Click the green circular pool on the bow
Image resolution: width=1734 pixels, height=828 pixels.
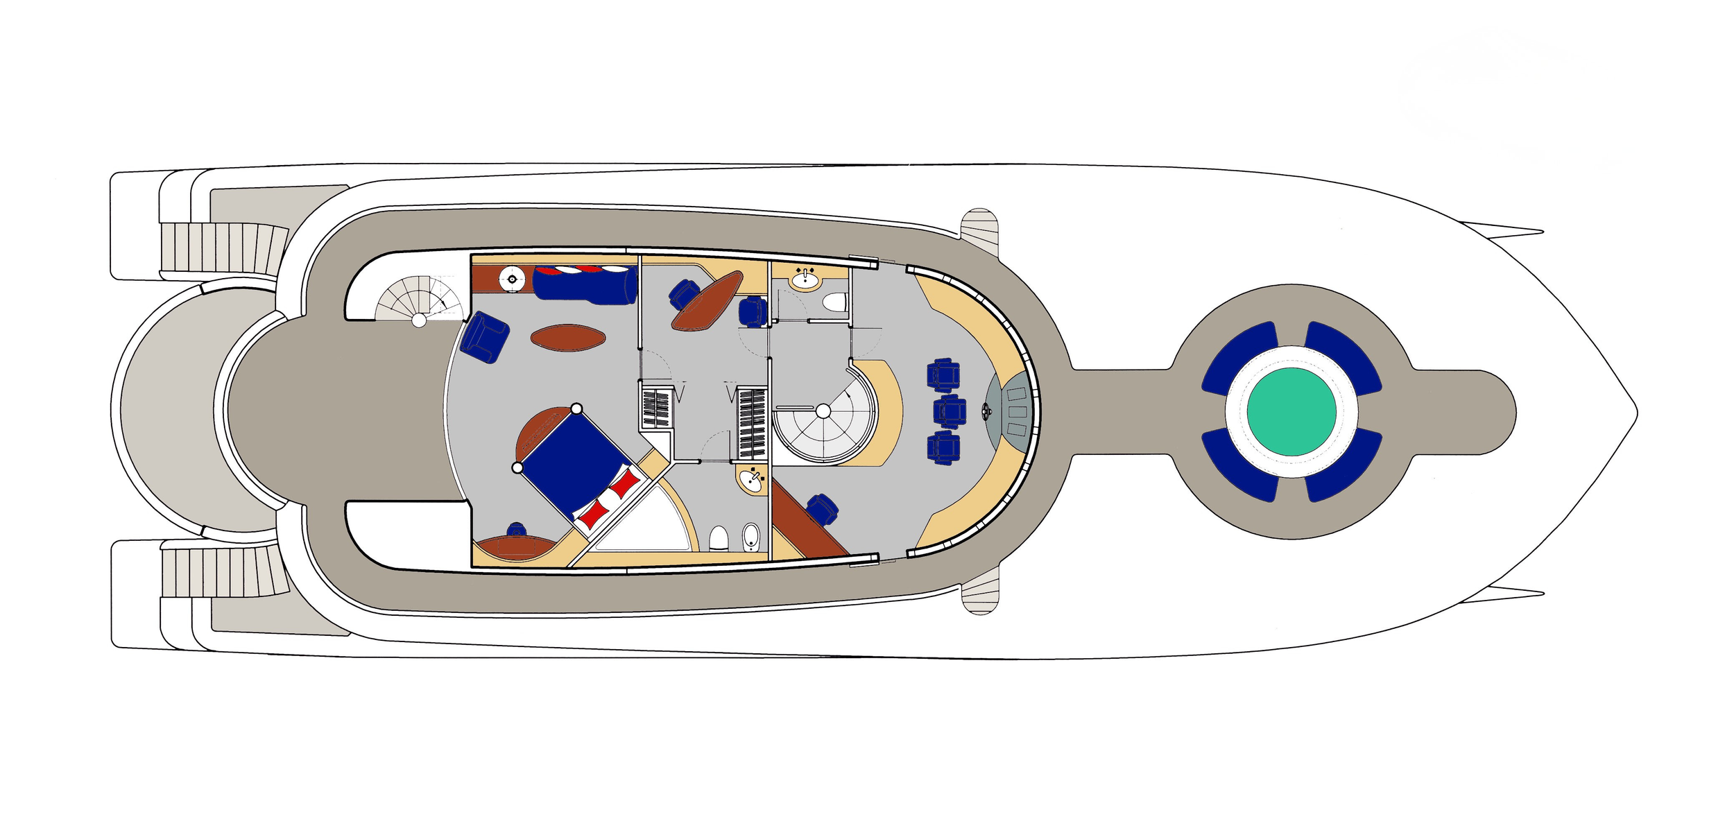pyautogui.click(x=1291, y=411)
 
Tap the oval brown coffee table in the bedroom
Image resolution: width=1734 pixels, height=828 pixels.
pyautogui.click(x=567, y=338)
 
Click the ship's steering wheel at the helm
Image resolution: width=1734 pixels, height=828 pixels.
pyautogui.click(x=986, y=411)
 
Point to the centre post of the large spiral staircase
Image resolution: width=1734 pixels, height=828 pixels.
pyautogui.click(x=823, y=411)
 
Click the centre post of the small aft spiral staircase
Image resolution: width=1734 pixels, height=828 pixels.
pyautogui.click(x=419, y=320)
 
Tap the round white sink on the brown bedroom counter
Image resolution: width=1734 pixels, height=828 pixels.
pyautogui.click(x=512, y=279)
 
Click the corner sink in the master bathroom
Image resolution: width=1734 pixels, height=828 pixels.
pyautogui.click(x=751, y=479)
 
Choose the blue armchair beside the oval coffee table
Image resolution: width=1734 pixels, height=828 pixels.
pyautogui.click(x=486, y=336)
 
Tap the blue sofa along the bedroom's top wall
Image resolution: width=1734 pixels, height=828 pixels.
pyautogui.click(x=585, y=284)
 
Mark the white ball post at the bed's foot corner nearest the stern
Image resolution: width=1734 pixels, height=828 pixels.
pyautogui.click(x=517, y=468)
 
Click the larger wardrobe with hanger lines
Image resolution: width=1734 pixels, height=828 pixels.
pyautogui.click(x=751, y=423)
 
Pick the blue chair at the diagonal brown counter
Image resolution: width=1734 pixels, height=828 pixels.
pyautogui.click(x=821, y=509)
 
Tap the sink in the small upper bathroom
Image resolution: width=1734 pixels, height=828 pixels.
pyautogui.click(x=805, y=279)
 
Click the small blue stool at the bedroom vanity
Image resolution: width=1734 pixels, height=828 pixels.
pyautogui.click(x=516, y=530)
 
